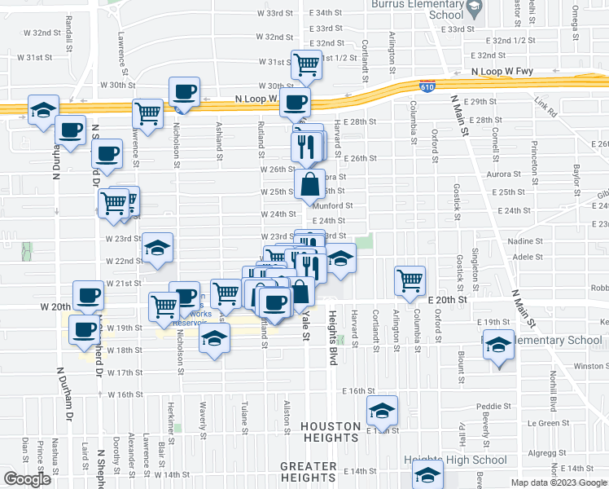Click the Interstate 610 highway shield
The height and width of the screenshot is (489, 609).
(x=428, y=86)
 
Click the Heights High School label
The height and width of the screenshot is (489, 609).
(x=455, y=460)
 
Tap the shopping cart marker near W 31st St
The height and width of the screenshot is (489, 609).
(x=306, y=65)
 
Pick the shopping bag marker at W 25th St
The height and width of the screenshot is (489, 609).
(x=311, y=186)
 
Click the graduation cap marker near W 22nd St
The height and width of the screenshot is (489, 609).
(x=157, y=250)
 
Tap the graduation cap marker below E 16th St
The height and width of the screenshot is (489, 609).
(x=380, y=413)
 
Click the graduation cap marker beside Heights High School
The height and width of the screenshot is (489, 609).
(x=427, y=474)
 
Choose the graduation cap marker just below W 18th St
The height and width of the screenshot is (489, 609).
(x=214, y=341)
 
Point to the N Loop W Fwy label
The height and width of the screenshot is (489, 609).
(x=502, y=72)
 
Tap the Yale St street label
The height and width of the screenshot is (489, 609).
(x=307, y=324)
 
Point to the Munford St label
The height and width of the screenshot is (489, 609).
(x=332, y=206)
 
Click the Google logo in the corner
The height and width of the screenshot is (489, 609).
(x=27, y=479)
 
